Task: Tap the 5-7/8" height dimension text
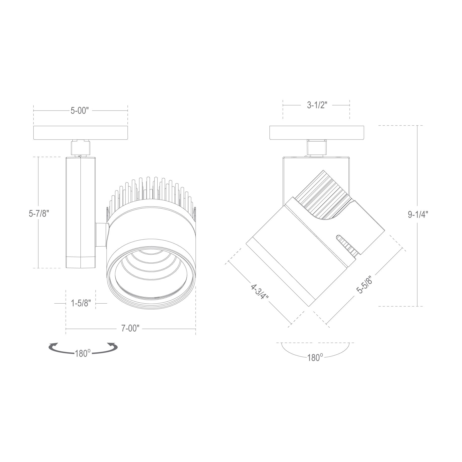(x=38, y=214)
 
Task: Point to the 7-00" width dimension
(x=130, y=329)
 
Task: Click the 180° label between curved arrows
(x=83, y=353)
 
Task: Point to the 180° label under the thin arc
(x=315, y=357)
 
